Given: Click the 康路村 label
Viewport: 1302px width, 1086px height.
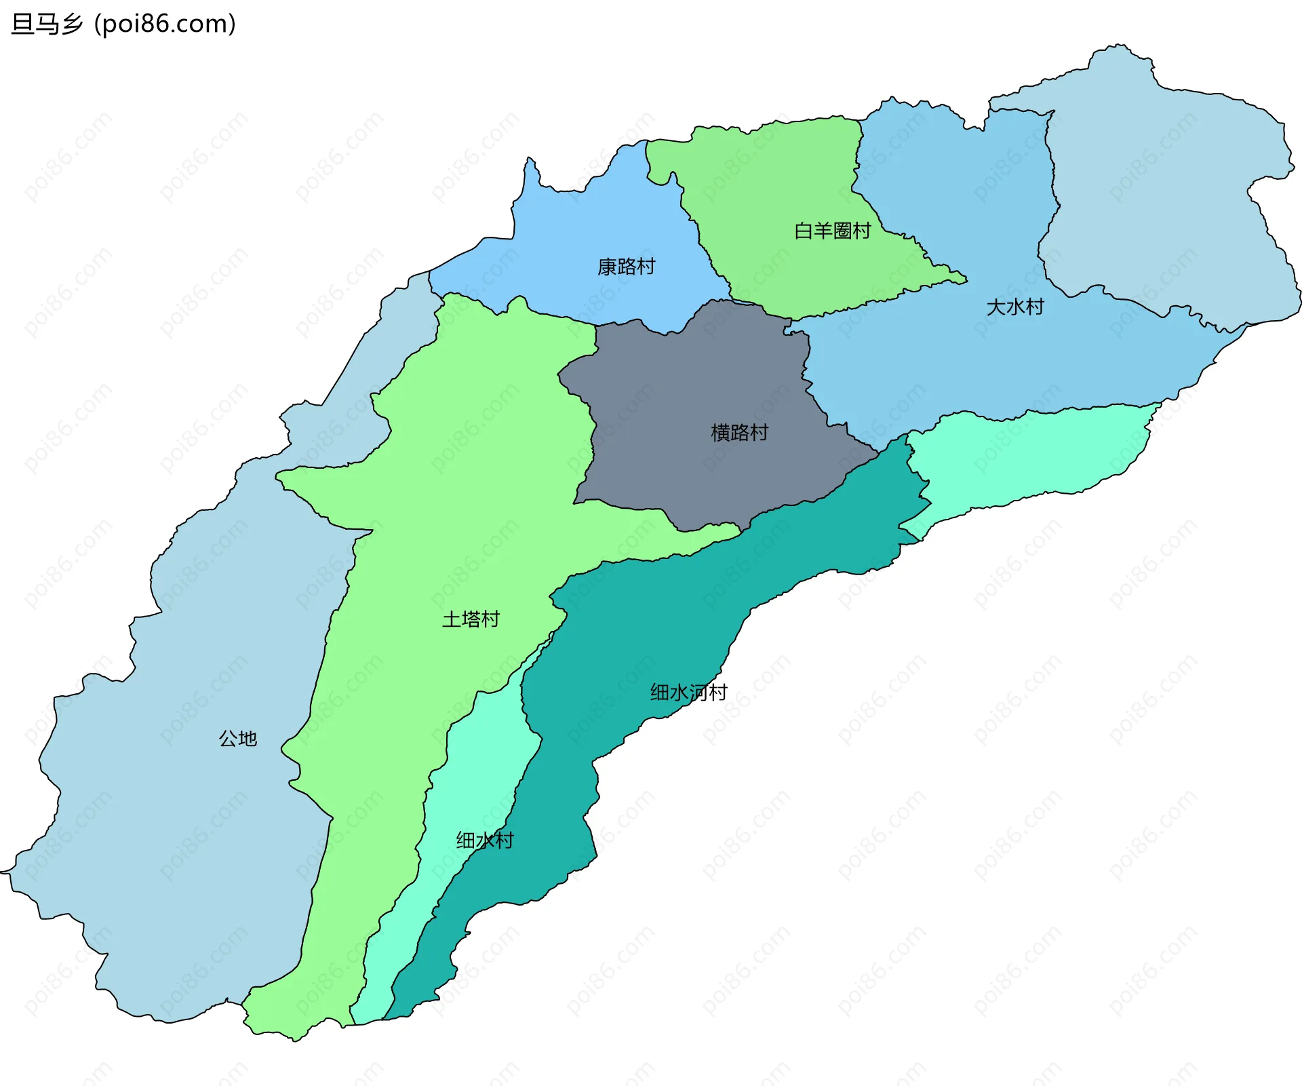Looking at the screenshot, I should [626, 267].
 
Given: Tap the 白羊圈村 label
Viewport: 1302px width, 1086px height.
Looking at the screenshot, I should [832, 231].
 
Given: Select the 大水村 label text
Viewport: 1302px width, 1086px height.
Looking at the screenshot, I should [1014, 307].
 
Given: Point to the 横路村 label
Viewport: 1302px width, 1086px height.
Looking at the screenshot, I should [739, 432].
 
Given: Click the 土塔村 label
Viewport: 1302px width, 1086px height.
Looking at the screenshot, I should [471, 619].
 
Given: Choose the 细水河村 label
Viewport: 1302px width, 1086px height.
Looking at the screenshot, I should [688, 692].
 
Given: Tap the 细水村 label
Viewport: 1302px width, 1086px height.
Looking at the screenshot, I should [485, 840].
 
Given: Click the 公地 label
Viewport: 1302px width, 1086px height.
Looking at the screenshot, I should [237, 738].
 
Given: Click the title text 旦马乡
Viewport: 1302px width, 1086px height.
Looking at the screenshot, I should [47, 24].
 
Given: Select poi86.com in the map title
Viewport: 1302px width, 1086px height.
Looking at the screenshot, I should [165, 24].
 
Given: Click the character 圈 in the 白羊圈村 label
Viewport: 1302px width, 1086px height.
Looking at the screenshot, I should [842, 231].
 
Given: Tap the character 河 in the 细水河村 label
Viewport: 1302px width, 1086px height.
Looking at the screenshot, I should [698, 692].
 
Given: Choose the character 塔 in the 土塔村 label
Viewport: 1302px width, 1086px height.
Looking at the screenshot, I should [471, 619].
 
